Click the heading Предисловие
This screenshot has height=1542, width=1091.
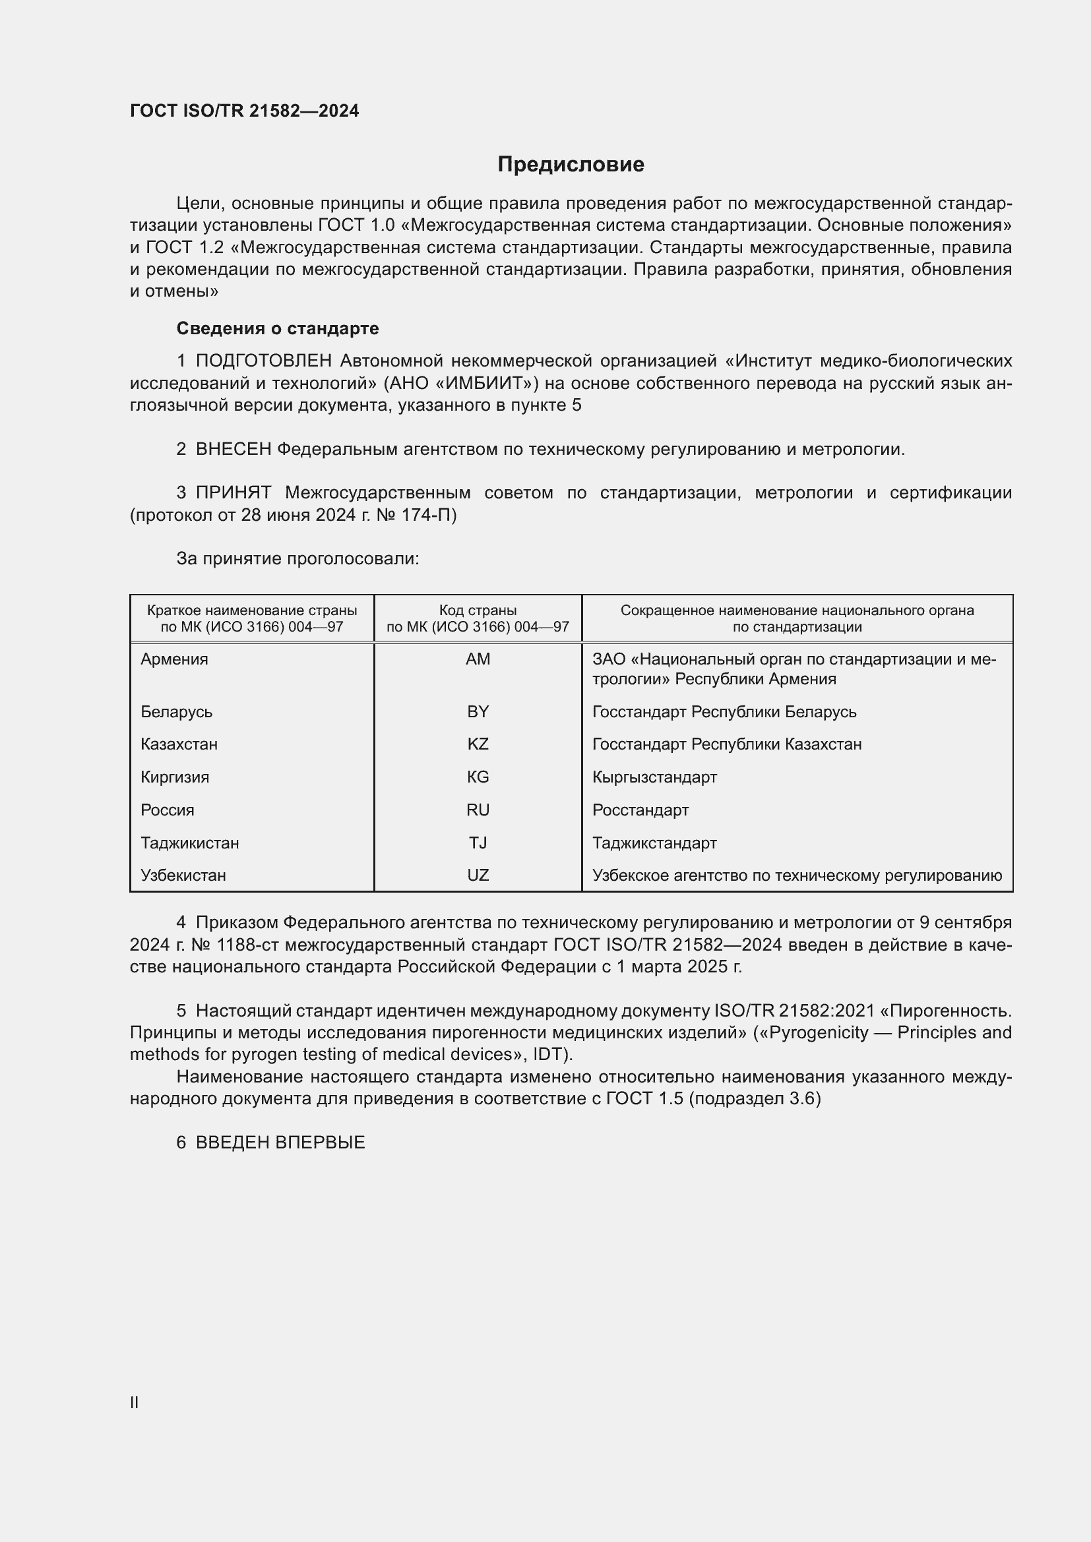(571, 165)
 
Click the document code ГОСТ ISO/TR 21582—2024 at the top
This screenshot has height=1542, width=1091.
(245, 111)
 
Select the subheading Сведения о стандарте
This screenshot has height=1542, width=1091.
(278, 328)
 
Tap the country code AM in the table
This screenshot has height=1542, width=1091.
(478, 659)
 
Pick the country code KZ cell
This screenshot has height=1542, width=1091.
(478, 744)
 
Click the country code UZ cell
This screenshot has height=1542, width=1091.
(478, 875)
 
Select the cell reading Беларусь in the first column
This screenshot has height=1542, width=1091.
(176, 711)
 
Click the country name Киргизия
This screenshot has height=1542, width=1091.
(175, 777)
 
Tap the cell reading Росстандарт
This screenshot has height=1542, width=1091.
(640, 810)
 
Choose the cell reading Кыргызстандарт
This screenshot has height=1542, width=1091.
(654, 777)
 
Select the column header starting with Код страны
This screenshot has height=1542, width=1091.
(478, 618)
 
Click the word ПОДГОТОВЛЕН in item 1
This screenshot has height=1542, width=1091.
(263, 361)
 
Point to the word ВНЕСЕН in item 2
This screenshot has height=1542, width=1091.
(233, 450)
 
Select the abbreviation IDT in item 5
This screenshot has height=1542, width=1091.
(549, 1053)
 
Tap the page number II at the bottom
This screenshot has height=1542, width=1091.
(135, 1402)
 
